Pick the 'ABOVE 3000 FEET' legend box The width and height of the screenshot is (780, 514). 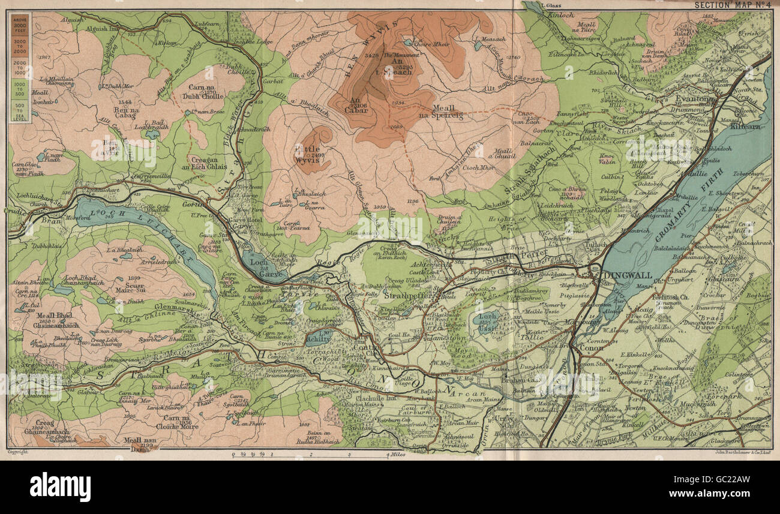click(x=22, y=26)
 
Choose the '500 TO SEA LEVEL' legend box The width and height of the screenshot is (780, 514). click(x=22, y=112)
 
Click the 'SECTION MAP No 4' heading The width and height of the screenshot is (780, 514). click(x=731, y=5)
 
